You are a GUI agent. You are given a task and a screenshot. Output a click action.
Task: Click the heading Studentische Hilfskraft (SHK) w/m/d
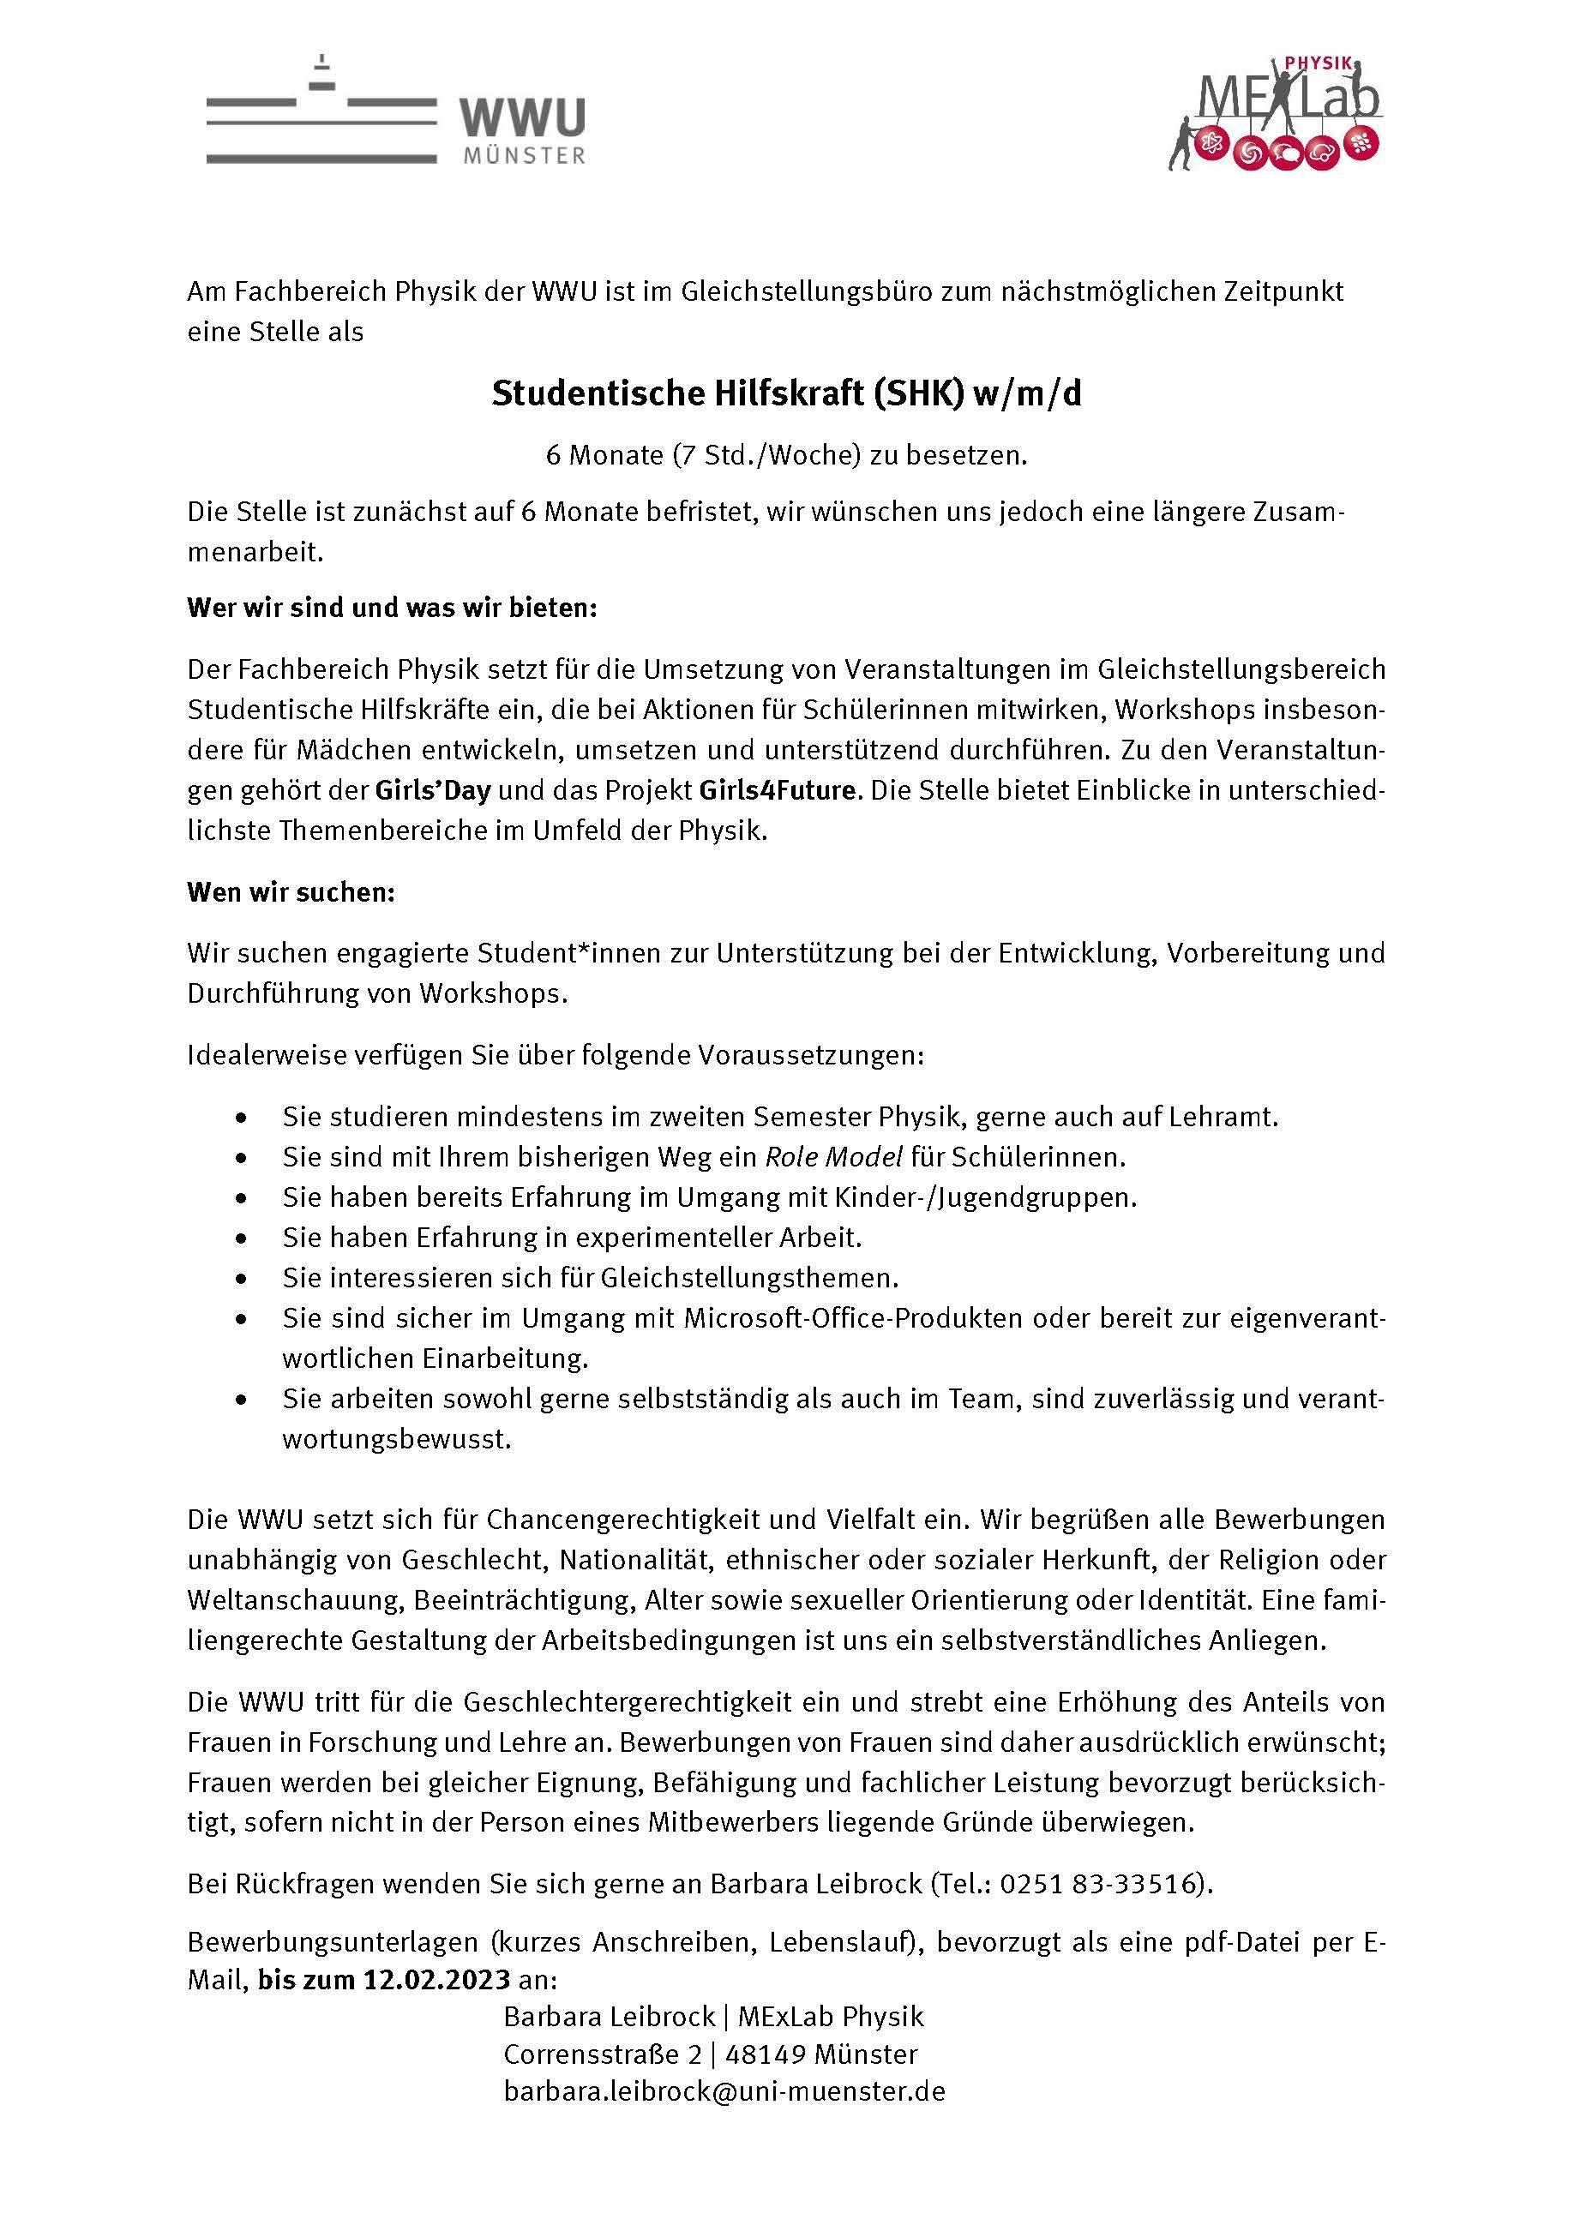coord(786,393)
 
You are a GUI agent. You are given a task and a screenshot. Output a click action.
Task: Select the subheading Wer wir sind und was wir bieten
coord(393,608)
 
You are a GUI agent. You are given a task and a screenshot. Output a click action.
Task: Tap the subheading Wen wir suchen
coord(291,891)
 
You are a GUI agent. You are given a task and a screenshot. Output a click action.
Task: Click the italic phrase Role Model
coord(833,1156)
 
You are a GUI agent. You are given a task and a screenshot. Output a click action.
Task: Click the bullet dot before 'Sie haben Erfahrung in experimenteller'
coord(242,1239)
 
